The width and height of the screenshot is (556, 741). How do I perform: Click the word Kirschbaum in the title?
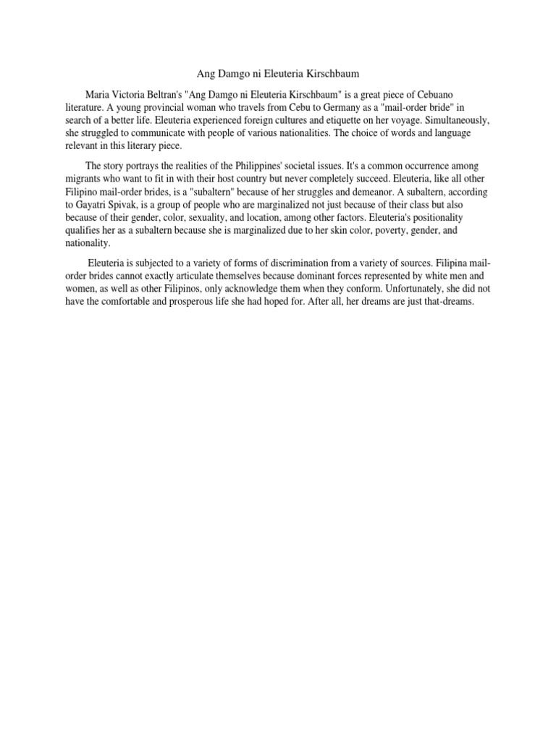(x=331, y=73)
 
